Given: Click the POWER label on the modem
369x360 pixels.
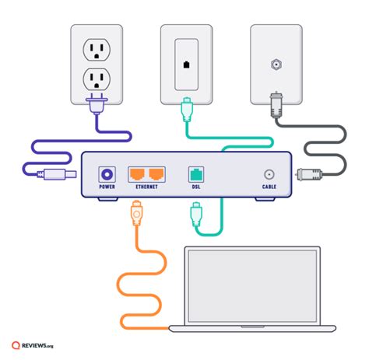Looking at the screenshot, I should click(x=107, y=187).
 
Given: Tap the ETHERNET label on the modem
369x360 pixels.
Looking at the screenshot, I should click(x=146, y=187).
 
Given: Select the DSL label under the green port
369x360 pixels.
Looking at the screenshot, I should click(x=195, y=187).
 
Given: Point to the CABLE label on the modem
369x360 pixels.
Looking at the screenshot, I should click(x=269, y=187).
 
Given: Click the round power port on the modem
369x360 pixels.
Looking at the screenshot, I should click(x=107, y=173).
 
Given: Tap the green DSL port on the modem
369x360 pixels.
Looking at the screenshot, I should click(x=195, y=173).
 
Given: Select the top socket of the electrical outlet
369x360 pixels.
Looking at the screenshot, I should click(x=97, y=48).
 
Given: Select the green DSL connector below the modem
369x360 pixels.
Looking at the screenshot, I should click(x=195, y=211).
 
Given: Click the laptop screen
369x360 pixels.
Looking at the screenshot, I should click(x=251, y=287).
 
